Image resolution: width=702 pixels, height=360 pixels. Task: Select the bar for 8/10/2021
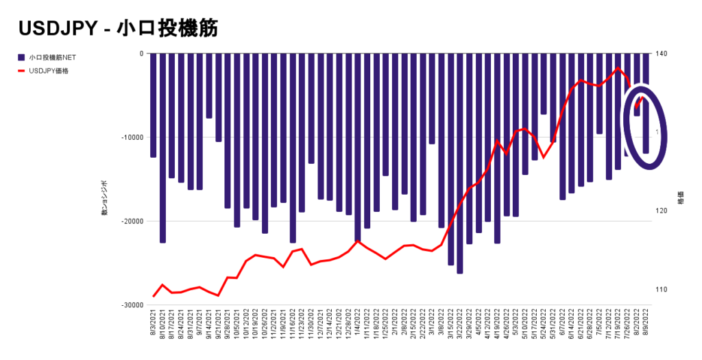[162, 147]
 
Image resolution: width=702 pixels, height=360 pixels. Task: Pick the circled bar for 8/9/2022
[645, 103]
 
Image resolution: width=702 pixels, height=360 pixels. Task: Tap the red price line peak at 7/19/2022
[618, 68]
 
